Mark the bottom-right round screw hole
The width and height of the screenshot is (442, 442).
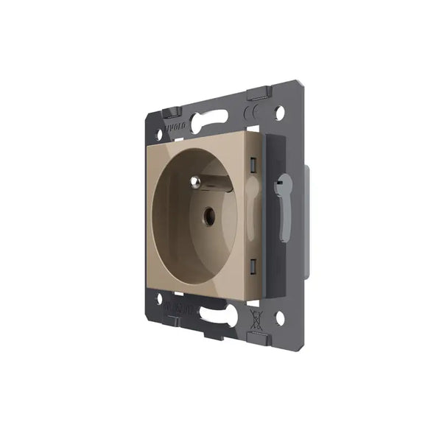pos(280,318)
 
